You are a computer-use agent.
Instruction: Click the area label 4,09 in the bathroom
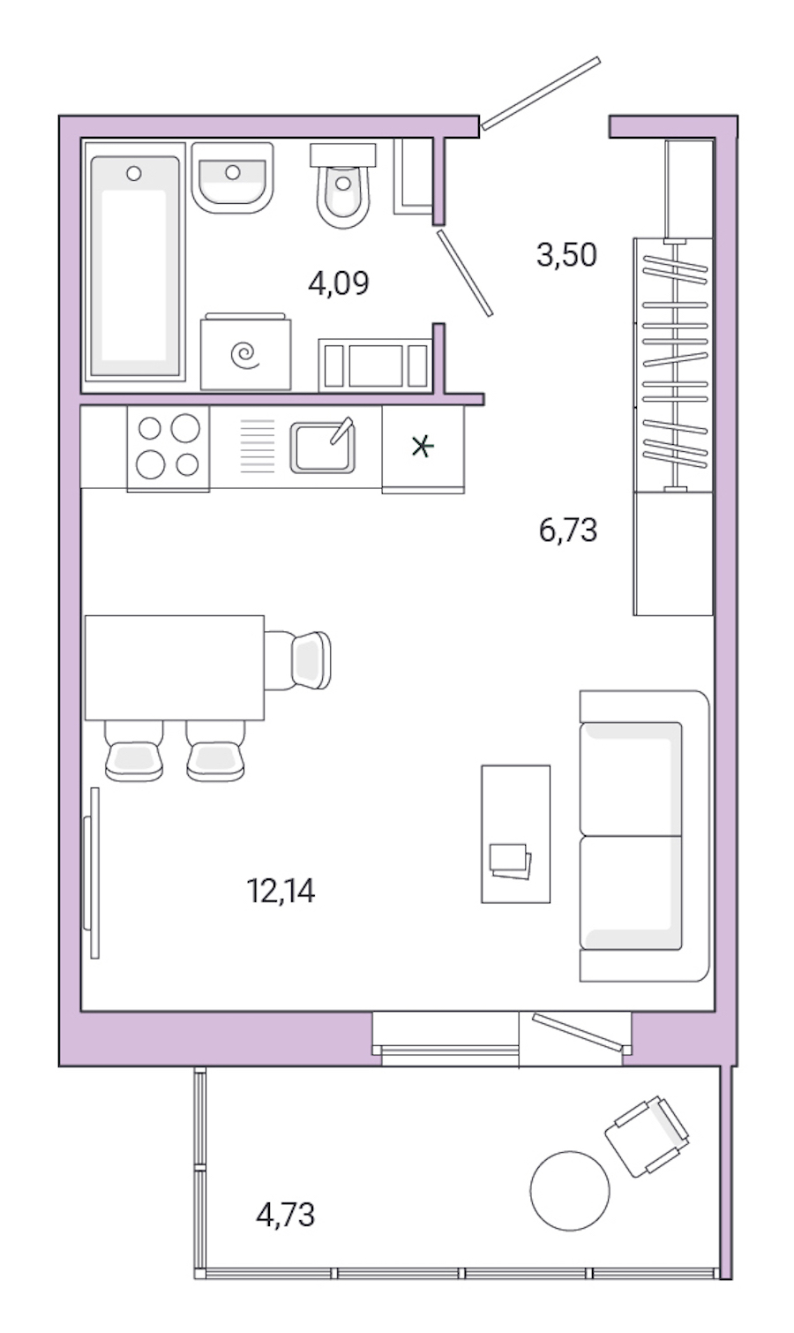coord(338,283)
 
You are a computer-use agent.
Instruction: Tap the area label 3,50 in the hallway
coord(566,255)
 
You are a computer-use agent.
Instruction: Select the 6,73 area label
coord(567,531)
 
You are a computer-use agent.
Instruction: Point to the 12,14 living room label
coord(281,892)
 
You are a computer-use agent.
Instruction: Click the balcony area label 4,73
coord(285,1216)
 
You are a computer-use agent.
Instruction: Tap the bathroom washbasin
coord(232,177)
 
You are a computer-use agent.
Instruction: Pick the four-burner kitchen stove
coord(169,447)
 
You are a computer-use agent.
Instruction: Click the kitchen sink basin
coord(322,447)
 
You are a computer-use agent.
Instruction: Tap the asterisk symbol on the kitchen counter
coord(423,447)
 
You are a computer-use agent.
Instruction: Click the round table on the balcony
coord(570,1191)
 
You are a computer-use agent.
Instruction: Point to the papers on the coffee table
coord(510,861)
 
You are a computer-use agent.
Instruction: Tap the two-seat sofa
coord(643,835)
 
